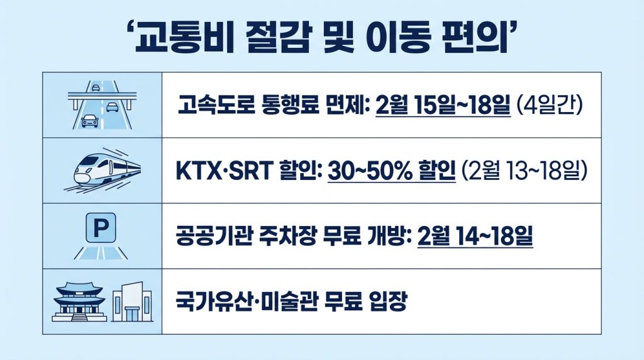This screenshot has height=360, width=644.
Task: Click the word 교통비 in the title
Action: (185, 38)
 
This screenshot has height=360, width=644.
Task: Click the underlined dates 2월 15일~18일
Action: (443, 106)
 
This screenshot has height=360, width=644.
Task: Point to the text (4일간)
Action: (548, 105)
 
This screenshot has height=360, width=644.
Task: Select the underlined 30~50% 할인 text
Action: (392, 171)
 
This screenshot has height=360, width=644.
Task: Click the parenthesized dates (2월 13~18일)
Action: (524, 171)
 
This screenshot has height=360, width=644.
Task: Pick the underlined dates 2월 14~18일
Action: (475, 236)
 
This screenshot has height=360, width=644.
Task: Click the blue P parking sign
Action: (101, 227)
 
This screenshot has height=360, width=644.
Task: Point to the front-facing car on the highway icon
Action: (89, 121)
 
